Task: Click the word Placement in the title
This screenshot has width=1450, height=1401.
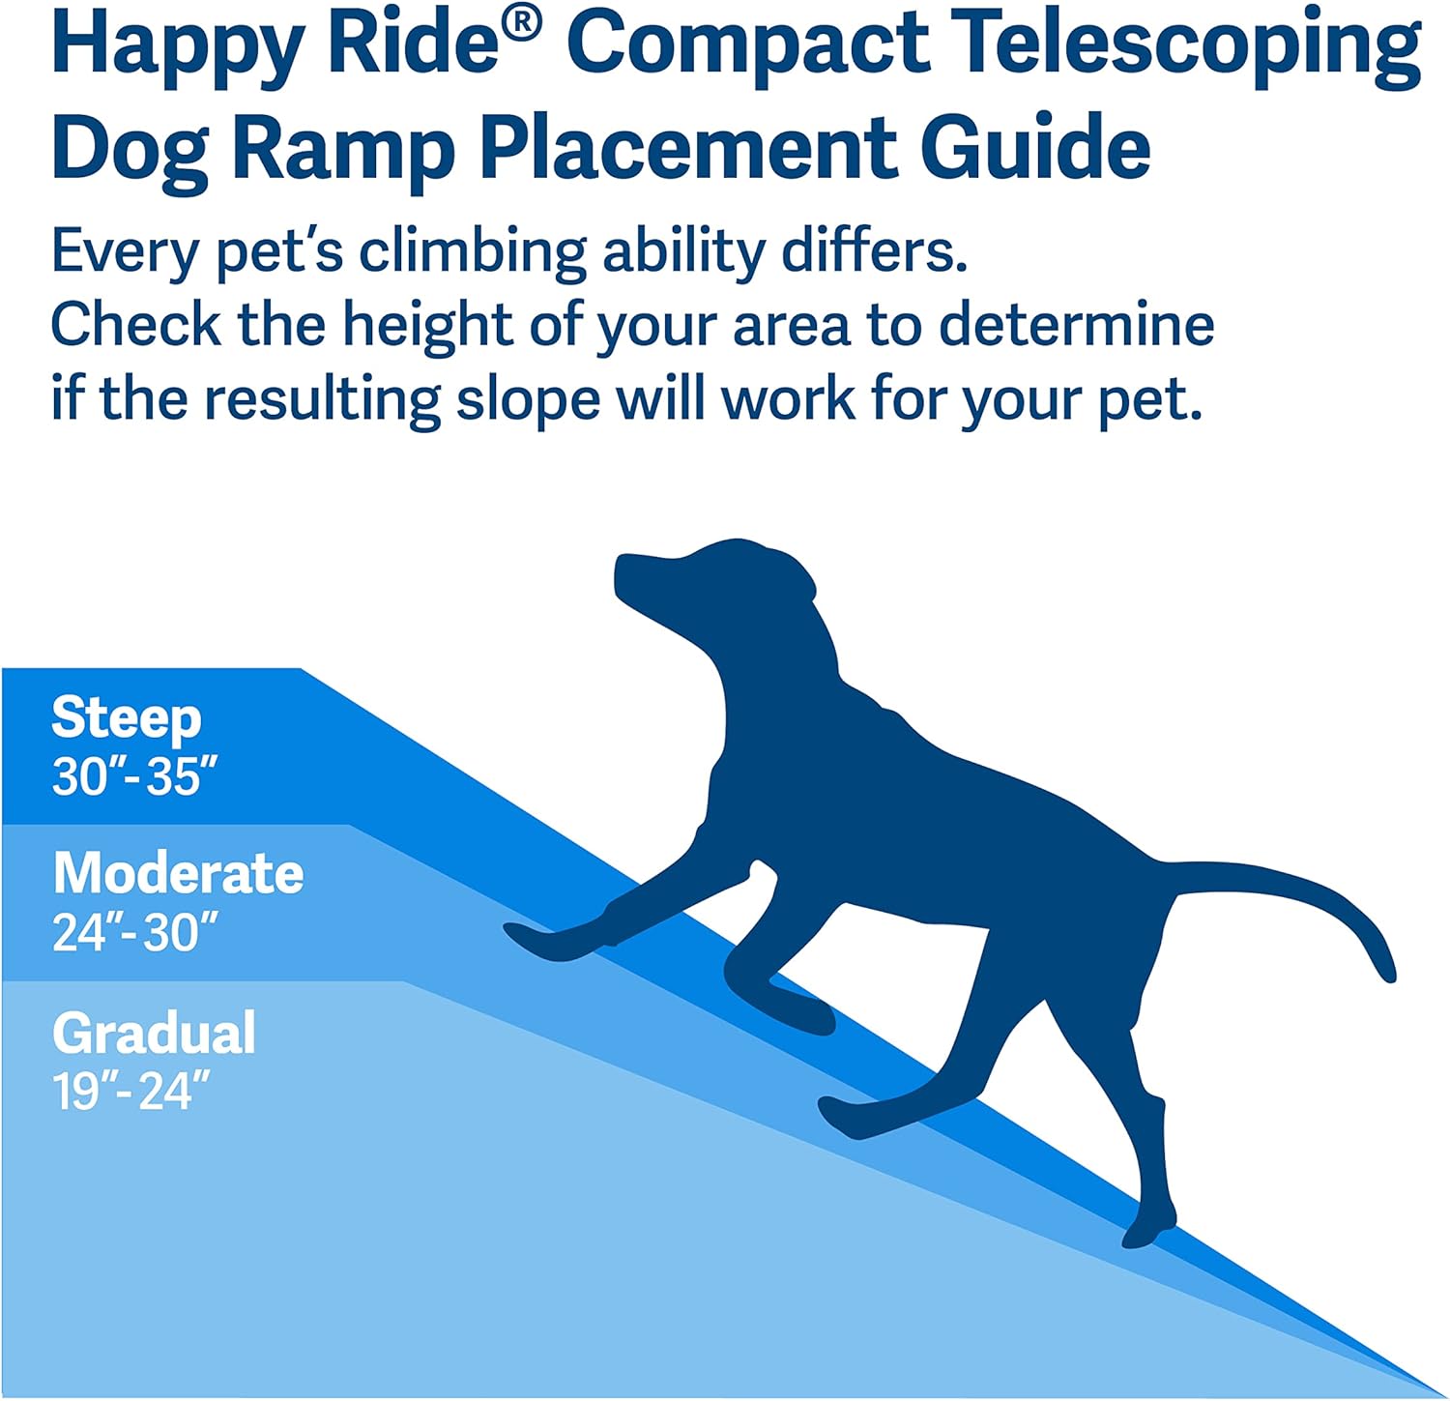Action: tap(688, 147)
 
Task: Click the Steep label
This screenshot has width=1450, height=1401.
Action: tap(127, 718)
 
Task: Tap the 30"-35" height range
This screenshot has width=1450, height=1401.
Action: tap(134, 775)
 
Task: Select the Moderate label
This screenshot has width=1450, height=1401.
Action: tap(179, 873)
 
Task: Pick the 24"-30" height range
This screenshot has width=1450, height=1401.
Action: tap(134, 932)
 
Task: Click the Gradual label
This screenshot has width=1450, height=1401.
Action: tap(155, 1033)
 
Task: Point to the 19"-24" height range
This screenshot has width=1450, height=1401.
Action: tap(130, 1092)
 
